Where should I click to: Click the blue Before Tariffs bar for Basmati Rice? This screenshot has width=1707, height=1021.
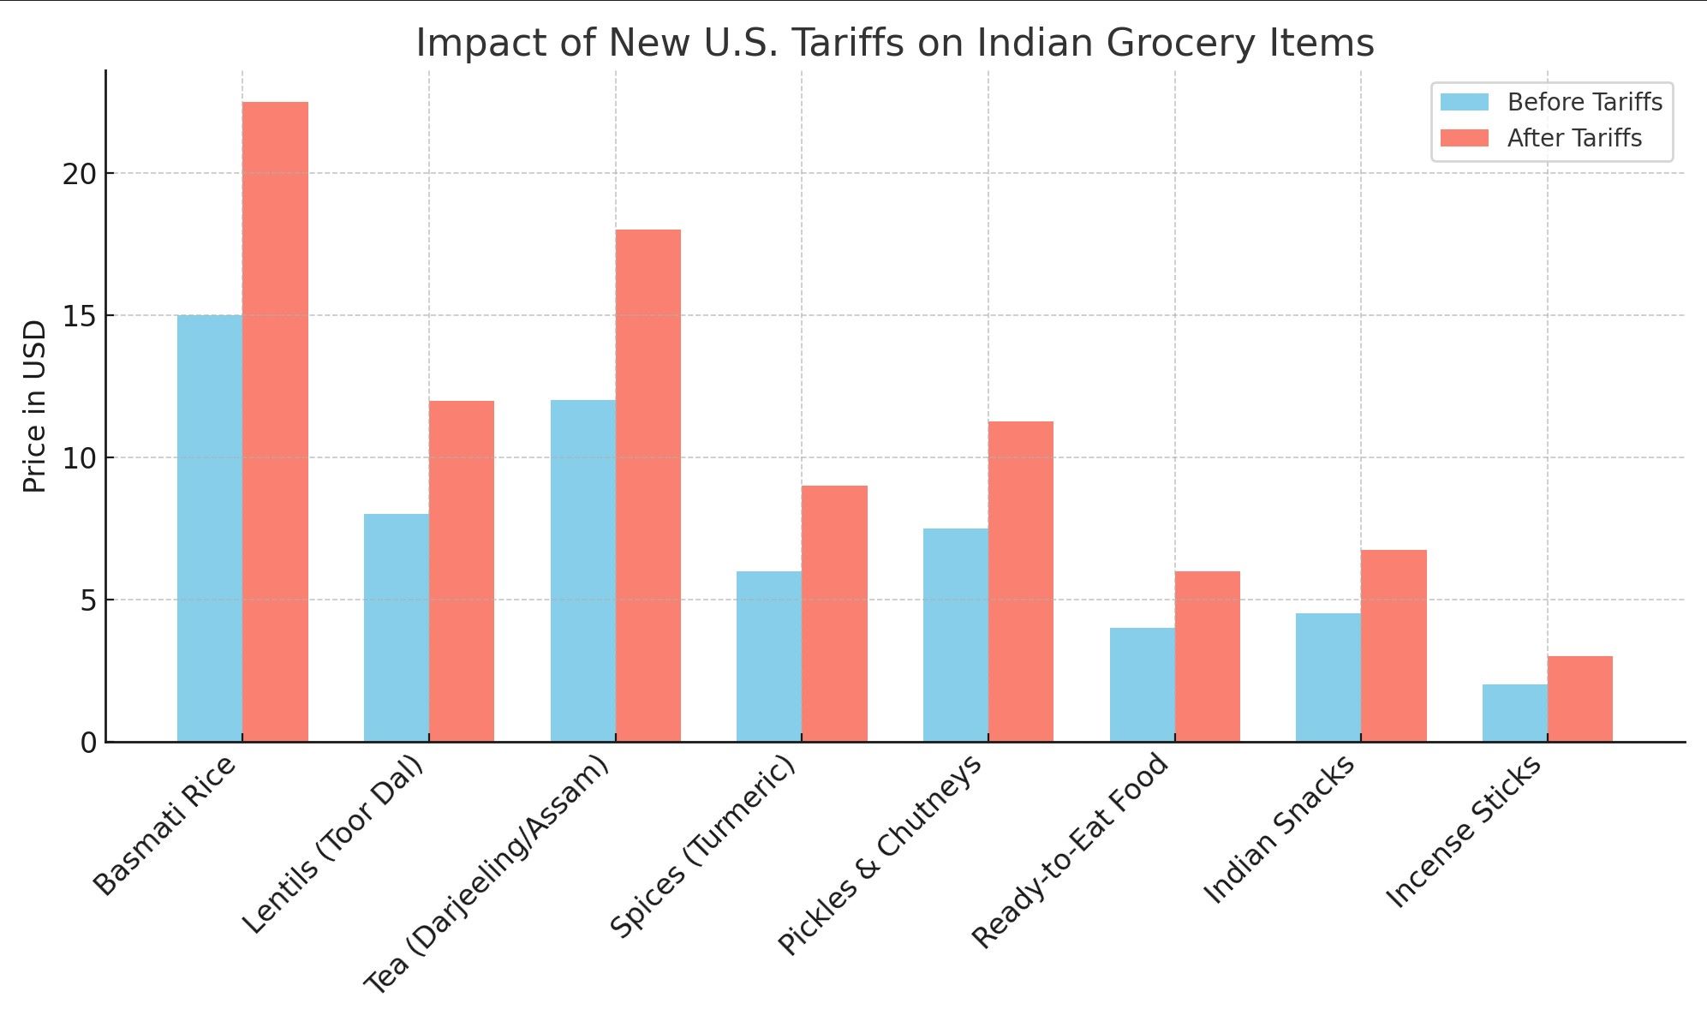(209, 528)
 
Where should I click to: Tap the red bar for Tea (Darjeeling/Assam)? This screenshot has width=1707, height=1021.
(648, 485)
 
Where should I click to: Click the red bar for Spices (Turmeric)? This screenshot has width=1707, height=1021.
(834, 613)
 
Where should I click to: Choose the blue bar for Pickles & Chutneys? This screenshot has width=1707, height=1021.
(955, 635)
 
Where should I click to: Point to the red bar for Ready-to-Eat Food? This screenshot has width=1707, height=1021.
(1207, 656)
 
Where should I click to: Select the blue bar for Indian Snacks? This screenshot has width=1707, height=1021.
(1328, 677)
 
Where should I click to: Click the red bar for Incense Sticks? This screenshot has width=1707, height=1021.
(1579, 698)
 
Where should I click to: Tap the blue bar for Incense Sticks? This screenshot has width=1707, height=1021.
(1514, 713)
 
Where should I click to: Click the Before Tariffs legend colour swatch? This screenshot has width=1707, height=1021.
(1464, 102)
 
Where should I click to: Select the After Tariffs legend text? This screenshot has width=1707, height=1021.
(1574, 138)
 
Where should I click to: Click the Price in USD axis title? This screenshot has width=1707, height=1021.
(34, 406)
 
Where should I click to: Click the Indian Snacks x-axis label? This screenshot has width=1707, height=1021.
(1280, 828)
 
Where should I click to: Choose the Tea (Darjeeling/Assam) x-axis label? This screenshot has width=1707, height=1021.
(487, 874)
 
